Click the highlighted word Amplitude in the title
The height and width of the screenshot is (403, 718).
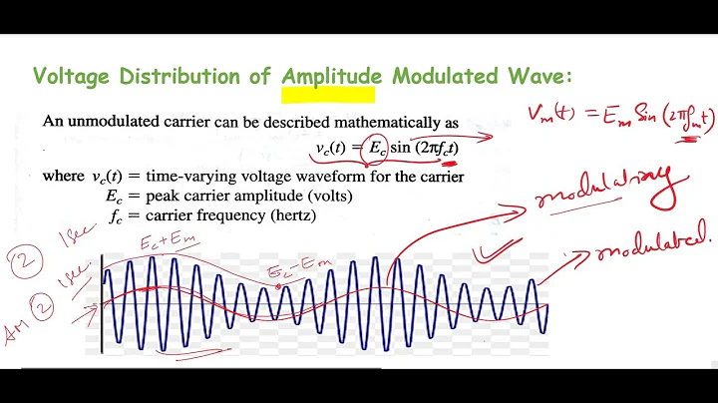(329, 77)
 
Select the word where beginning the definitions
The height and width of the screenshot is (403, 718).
(64, 177)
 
